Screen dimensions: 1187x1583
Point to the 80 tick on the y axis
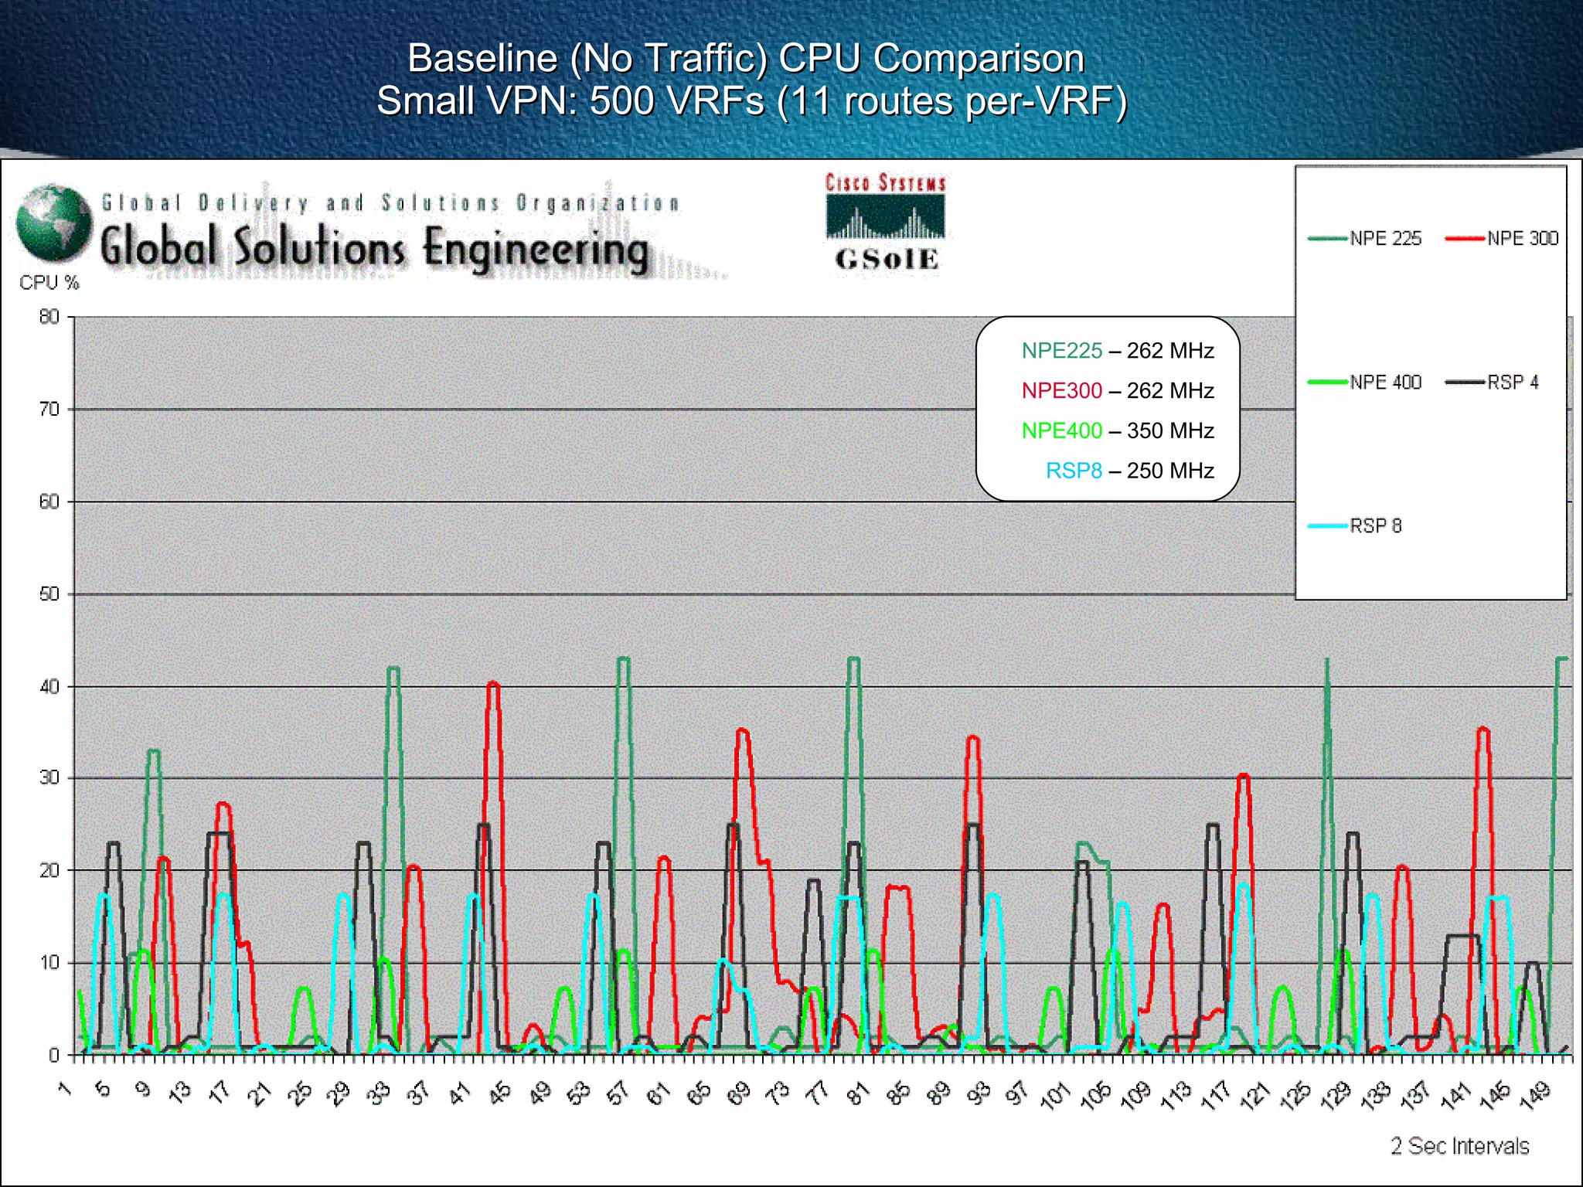point(49,317)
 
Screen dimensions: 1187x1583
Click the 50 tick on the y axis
point(49,594)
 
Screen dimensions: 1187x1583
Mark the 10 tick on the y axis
point(49,963)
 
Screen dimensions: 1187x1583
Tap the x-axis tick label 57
point(618,1093)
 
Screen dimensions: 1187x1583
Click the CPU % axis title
point(49,283)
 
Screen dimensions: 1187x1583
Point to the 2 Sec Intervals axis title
point(1459,1146)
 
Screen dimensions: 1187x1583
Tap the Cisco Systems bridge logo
point(886,216)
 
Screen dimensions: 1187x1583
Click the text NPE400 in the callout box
point(1061,430)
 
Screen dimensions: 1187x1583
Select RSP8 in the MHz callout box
point(1074,471)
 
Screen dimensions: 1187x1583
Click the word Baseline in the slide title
point(482,58)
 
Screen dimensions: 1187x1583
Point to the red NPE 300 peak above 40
point(493,684)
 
